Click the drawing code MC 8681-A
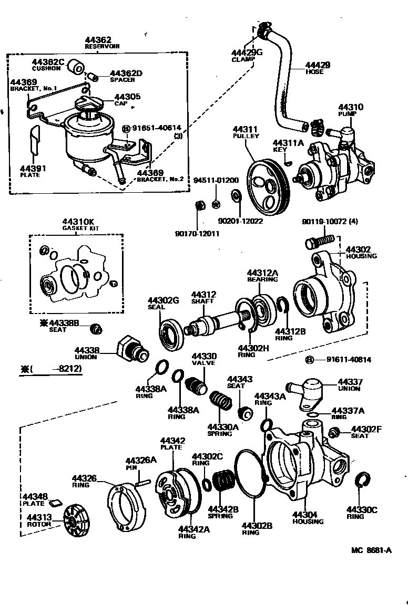371,551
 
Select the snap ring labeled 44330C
362,481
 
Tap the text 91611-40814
349,360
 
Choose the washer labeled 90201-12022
236,197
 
